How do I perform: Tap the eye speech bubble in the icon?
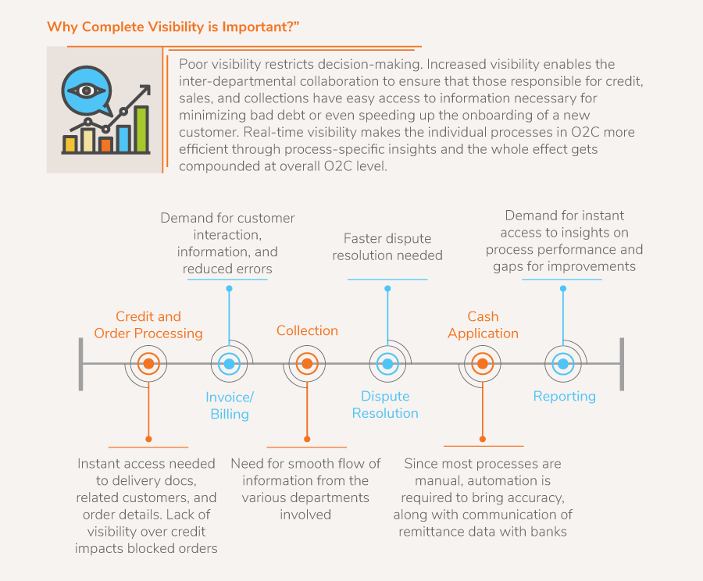[88, 91]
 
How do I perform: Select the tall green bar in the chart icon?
[142, 129]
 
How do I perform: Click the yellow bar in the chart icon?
[70, 144]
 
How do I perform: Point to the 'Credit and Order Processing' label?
[148, 325]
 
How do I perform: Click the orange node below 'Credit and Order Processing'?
[148, 363]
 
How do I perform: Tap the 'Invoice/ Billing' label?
[230, 405]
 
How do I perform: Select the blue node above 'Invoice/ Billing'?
[229, 363]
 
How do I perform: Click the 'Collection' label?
[307, 330]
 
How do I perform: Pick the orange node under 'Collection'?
[307, 363]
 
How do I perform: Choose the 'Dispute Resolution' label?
[385, 405]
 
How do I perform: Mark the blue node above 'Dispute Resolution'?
[386, 363]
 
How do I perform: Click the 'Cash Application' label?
[483, 325]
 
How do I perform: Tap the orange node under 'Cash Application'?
[482, 363]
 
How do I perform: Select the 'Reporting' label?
[564, 396]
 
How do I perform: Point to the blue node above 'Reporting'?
[562, 363]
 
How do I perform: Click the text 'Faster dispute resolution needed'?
[387, 247]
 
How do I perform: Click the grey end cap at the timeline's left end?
[81, 363]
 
